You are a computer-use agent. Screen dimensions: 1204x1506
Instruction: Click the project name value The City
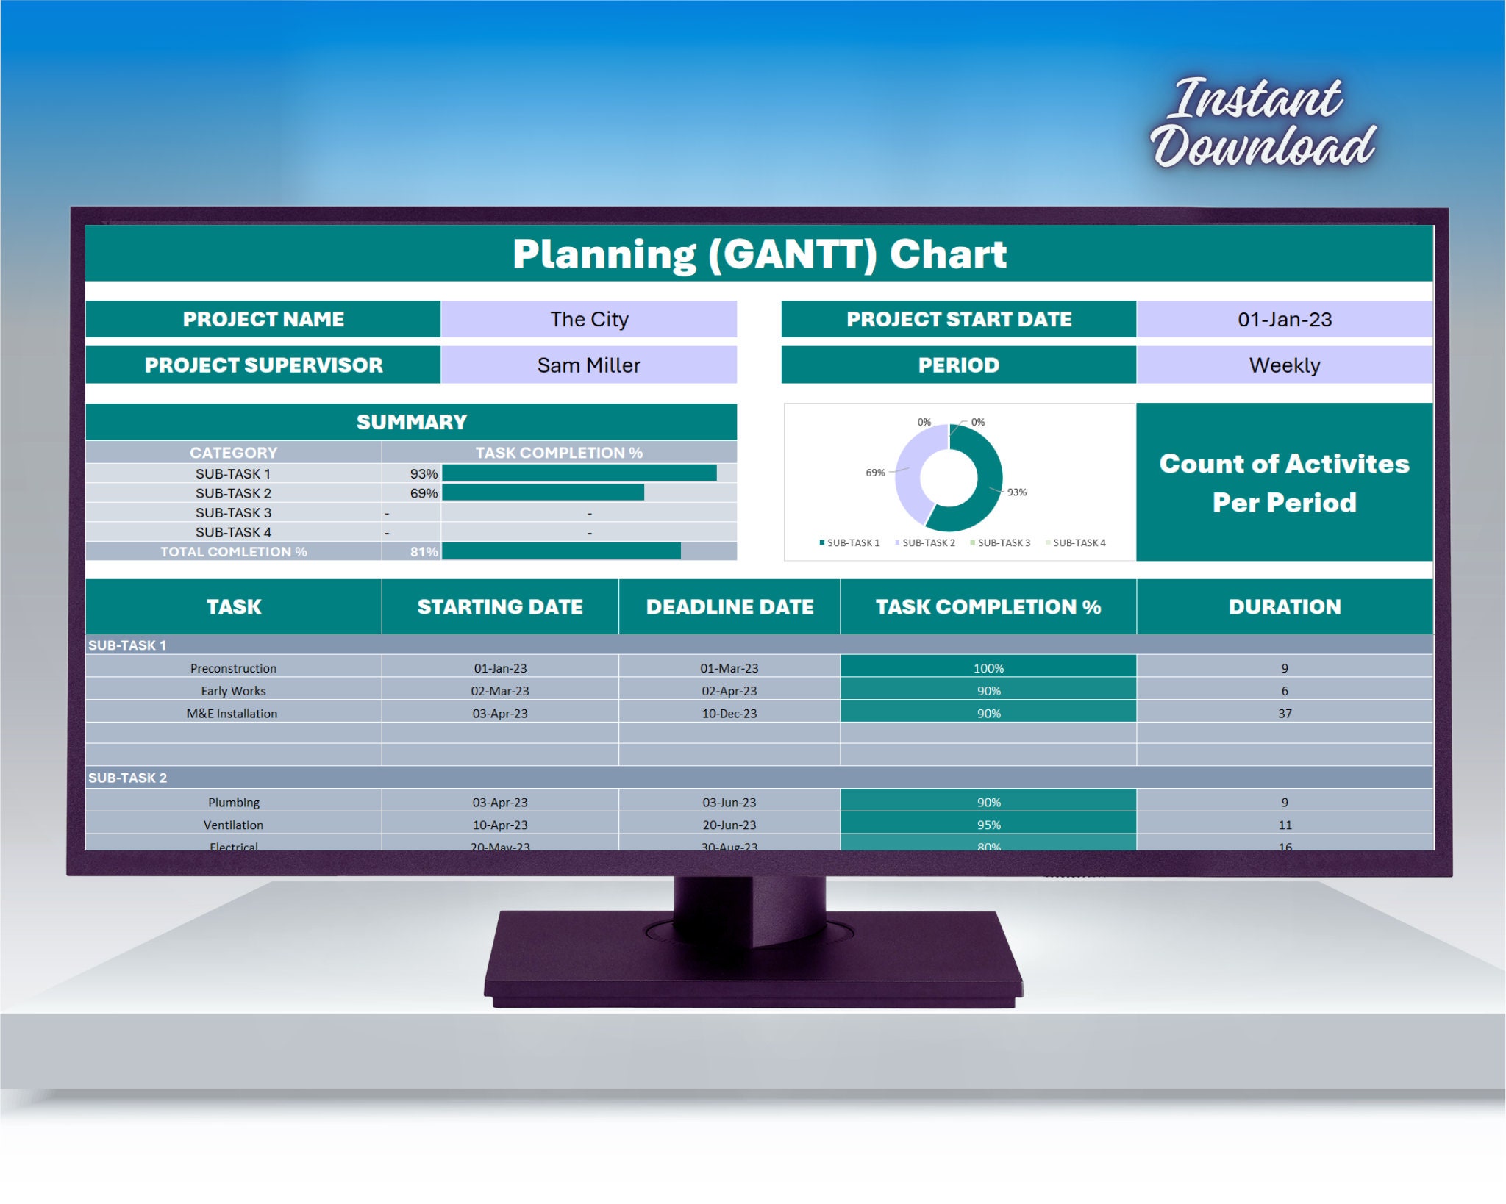pos(589,320)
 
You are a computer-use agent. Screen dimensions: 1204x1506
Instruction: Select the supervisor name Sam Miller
pos(589,365)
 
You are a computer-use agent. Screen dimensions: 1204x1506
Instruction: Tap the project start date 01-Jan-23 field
pos(1284,320)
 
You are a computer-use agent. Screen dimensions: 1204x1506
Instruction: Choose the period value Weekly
pos(1284,365)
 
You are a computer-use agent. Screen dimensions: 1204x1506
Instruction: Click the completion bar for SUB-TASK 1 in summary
pos(579,473)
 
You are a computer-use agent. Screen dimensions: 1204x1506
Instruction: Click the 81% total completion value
pos(424,552)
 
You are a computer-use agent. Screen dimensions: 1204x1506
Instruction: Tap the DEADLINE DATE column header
pos(729,607)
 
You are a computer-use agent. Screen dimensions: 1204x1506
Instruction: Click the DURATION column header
pos(1284,607)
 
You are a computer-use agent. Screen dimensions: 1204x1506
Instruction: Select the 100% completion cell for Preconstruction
pos(988,668)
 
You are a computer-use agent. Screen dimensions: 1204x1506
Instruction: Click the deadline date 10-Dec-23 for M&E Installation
pos(729,714)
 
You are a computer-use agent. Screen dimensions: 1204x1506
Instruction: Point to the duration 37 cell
pos(1284,714)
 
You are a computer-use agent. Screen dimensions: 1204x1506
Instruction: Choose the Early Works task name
pos(233,691)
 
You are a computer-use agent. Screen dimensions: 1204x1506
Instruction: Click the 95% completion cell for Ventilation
pos(988,825)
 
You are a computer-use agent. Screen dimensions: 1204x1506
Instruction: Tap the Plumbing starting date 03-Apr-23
pos(500,803)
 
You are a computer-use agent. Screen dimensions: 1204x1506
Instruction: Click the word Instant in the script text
pos(1257,99)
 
